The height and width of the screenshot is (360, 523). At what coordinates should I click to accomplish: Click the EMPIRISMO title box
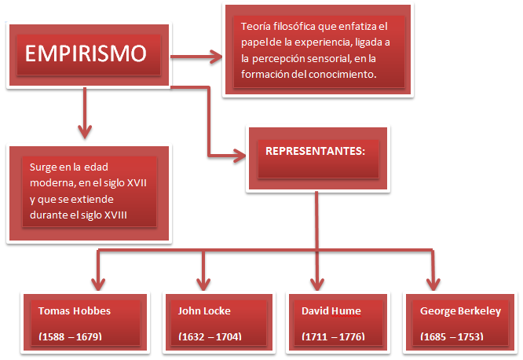tap(86, 54)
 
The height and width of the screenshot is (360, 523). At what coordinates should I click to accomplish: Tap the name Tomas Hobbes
tap(75, 310)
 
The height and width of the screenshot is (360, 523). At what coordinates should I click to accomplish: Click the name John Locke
tap(205, 310)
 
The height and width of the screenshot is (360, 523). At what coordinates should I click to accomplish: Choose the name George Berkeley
tap(460, 310)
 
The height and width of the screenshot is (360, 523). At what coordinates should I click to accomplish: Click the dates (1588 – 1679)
tap(70, 336)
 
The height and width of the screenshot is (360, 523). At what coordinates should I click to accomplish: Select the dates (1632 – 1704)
tap(210, 336)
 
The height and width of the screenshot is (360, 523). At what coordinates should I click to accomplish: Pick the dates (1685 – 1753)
tap(452, 336)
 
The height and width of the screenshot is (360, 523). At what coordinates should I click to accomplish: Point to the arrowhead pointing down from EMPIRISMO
tap(84, 130)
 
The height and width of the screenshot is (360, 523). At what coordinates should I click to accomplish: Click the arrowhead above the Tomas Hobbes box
tap(97, 283)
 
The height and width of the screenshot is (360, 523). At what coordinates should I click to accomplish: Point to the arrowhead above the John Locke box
tap(204, 283)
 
